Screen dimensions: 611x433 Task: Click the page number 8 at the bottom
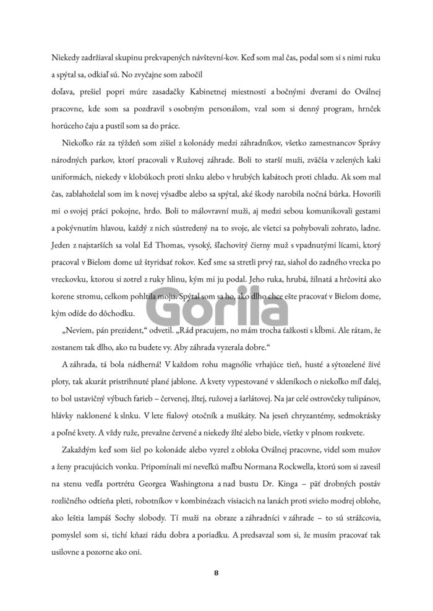pyautogui.click(x=216, y=573)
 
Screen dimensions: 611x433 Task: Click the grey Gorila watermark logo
pyautogui.click(x=216, y=305)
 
